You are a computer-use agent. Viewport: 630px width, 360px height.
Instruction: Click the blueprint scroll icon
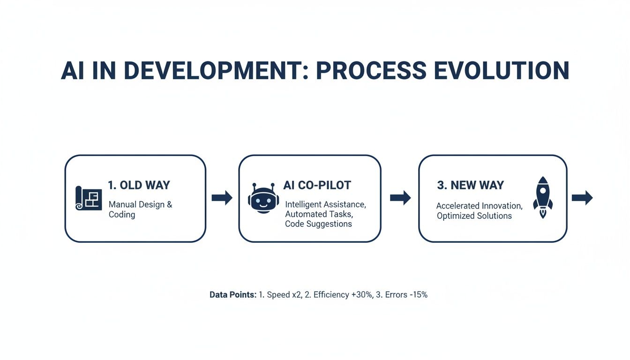89,198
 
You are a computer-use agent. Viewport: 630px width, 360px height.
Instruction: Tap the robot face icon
263,198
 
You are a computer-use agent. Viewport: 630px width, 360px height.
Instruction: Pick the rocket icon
542,197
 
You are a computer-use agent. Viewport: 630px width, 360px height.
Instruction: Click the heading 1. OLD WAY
139,185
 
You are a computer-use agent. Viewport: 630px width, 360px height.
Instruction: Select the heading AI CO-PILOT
317,185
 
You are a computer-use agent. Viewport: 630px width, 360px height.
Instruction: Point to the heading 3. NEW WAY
470,185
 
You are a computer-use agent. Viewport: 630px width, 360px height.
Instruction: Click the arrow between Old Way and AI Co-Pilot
222,198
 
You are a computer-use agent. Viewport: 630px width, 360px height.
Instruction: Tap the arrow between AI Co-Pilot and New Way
400,198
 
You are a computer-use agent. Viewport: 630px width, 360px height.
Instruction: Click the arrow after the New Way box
582,198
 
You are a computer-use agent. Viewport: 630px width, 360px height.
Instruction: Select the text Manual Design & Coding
140,210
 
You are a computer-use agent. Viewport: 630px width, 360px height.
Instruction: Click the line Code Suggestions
318,224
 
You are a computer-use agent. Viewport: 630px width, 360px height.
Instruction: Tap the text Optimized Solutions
474,216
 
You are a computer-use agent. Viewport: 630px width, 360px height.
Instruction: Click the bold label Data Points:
233,295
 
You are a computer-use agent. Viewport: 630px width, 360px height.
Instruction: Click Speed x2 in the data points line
285,295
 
